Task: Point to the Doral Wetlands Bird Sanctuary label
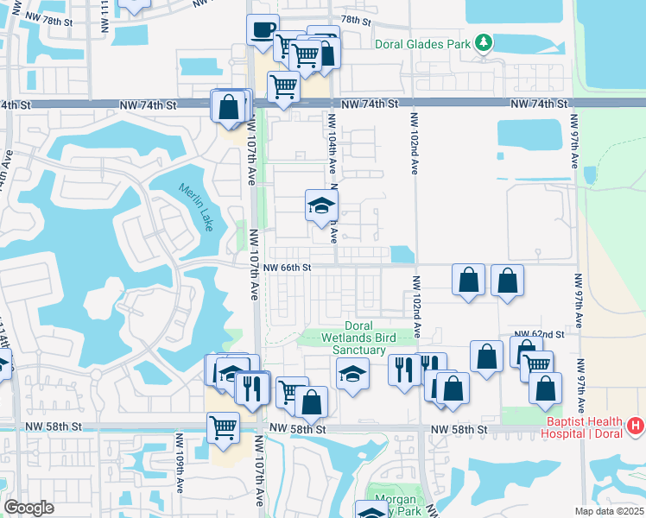pos(353,338)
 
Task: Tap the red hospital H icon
pos(636,426)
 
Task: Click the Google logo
pos(29,508)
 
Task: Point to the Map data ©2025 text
pos(609,511)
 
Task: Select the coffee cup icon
pos(263,30)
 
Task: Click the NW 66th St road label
pos(288,268)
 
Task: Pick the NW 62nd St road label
pos(539,333)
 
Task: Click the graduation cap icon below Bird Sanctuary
pos(352,374)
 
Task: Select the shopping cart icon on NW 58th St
pos(224,426)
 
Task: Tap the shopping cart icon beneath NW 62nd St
pos(537,365)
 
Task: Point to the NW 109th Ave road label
pos(181,473)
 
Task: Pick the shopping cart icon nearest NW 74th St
pos(283,86)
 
